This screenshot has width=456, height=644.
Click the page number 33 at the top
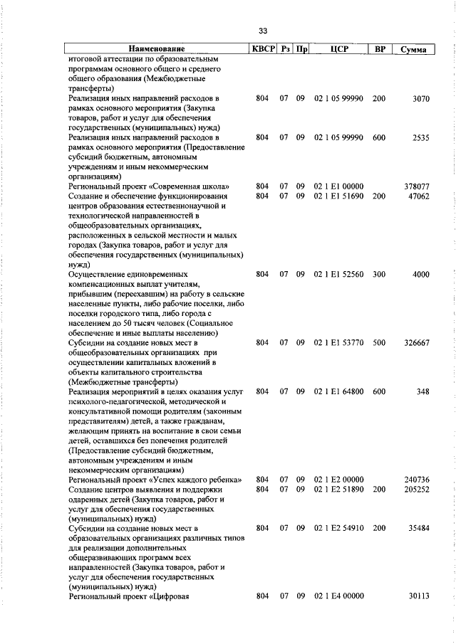pyautogui.click(x=263, y=31)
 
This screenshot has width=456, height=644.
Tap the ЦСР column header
pyautogui.click(x=338, y=50)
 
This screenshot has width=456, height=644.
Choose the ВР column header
pyautogui.click(x=380, y=50)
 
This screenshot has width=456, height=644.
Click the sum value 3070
pyautogui.click(x=421, y=98)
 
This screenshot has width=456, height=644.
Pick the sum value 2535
pyautogui.click(x=421, y=138)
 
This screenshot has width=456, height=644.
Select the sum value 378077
pyautogui.click(x=416, y=186)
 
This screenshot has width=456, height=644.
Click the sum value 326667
pyautogui.click(x=416, y=343)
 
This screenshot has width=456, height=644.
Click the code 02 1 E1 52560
pyautogui.click(x=338, y=274)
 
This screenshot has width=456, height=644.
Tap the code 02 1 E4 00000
pyautogui.click(x=338, y=596)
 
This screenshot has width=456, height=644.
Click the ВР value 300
pyautogui.click(x=378, y=274)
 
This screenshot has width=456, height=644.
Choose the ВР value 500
pyautogui.click(x=378, y=343)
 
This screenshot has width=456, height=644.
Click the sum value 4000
pyautogui.click(x=421, y=274)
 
